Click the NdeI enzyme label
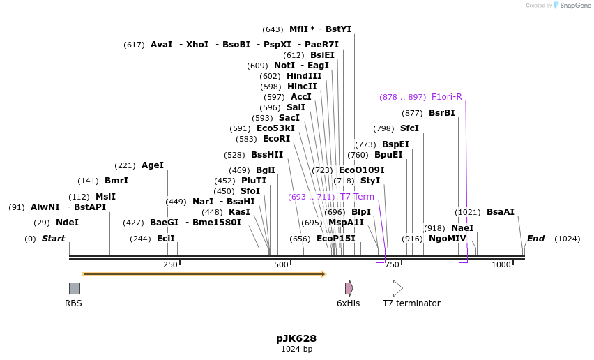point(67,223)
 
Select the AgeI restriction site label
point(153,165)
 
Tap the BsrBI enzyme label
point(441,113)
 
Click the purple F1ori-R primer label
point(447,97)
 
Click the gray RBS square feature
point(75,288)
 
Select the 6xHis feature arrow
point(349,288)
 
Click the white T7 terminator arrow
point(393,288)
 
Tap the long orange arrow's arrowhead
point(323,274)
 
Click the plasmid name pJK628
point(296,338)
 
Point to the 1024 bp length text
point(296,349)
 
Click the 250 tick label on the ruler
point(170,265)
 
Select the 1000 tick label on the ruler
point(501,265)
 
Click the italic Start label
point(53,239)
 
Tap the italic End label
point(535,239)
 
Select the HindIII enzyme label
point(304,76)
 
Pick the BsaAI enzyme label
point(501,212)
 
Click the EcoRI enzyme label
point(276,139)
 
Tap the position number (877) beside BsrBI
point(413,113)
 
